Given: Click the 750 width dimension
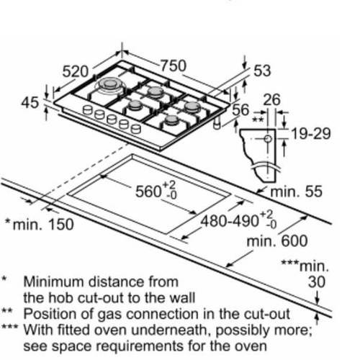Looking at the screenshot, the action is click(x=174, y=66).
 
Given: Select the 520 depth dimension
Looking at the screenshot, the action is click(x=76, y=71).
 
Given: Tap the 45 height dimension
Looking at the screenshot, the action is click(x=30, y=102).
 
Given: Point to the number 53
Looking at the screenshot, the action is click(x=262, y=71).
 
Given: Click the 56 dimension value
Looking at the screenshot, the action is click(x=240, y=110).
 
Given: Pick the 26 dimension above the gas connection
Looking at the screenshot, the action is click(x=271, y=99).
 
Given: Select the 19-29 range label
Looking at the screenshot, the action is click(x=311, y=133).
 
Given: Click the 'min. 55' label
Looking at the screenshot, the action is click(x=296, y=192).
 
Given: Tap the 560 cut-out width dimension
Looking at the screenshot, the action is click(x=156, y=191).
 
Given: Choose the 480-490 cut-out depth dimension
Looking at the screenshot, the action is click(x=238, y=220).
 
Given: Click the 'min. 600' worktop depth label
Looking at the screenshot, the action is click(x=277, y=240).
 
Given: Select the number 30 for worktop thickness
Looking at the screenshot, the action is click(x=317, y=282).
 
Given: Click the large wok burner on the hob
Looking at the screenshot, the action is click(x=110, y=85).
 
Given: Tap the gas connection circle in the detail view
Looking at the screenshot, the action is click(x=268, y=139).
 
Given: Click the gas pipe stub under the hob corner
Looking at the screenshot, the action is click(x=217, y=123).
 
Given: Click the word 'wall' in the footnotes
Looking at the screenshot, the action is click(x=182, y=297).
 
